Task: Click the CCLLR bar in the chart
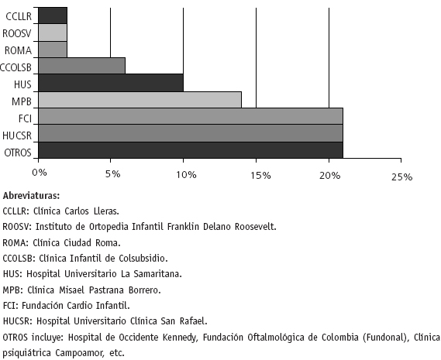(x=53, y=15)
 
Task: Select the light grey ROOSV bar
(x=53, y=33)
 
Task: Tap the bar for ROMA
(x=53, y=50)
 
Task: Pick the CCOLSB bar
(x=82, y=66)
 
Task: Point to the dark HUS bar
(x=111, y=83)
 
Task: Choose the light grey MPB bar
(x=140, y=100)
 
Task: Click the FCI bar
(x=191, y=116)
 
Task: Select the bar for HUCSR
(x=191, y=133)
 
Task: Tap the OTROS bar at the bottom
(x=191, y=150)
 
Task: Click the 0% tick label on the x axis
(x=40, y=173)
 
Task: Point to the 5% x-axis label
(x=113, y=174)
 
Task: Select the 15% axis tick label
(x=260, y=176)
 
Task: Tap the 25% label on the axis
(x=402, y=177)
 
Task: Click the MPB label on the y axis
(x=22, y=101)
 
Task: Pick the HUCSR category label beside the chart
(x=17, y=135)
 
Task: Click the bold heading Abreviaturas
(x=31, y=196)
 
